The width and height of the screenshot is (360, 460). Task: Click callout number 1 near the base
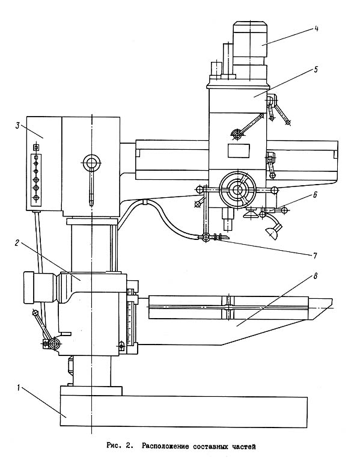[18, 388]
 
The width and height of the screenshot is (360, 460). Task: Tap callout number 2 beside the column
[17, 243]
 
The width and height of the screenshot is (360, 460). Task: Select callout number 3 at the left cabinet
[17, 126]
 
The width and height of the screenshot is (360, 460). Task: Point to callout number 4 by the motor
[316, 28]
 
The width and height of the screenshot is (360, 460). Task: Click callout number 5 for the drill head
[316, 70]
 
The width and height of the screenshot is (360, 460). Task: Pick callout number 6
[315, 195]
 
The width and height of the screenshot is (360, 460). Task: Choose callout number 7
[315, 256]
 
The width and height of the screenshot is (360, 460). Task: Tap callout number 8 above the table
[316, 276]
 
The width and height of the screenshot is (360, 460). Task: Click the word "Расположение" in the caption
[165, 447]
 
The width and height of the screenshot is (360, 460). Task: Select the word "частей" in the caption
[244, 447]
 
